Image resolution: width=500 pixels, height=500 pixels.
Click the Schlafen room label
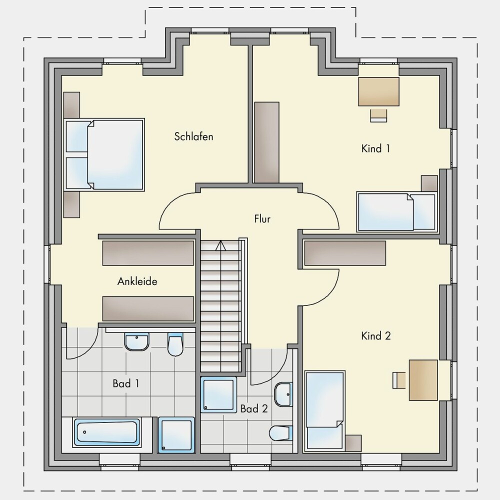coord(193,136)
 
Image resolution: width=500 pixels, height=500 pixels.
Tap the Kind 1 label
coord(375,148)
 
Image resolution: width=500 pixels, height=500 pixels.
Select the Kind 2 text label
coord(376,336)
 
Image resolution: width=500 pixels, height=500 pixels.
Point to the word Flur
coord(262,219)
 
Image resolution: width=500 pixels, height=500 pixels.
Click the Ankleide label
coord(137,281)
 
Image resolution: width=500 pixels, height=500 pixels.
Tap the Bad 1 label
coord(126,383)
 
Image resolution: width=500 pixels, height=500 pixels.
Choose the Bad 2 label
coord(254,409)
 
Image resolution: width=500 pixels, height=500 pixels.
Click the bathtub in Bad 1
coord(107,432)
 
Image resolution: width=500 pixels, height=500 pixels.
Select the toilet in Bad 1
coord(175,344)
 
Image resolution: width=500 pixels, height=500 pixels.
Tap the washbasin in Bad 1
coord(137,342)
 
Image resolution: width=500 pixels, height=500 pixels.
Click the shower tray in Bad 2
coord(219,395)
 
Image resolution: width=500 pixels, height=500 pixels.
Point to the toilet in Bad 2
coord(281,433)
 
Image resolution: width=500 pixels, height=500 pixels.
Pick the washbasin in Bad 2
coord(283,394)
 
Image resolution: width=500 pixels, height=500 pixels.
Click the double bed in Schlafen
coord(104,154)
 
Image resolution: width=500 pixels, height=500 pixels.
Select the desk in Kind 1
coord(379,91)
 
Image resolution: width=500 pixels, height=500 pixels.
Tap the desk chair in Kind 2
coord(399,380)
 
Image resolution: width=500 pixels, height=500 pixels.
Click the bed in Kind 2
coord(325,411)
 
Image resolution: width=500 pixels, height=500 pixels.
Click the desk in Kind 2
coord(423,380)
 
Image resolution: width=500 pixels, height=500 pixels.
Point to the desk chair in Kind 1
coord(379,115)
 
